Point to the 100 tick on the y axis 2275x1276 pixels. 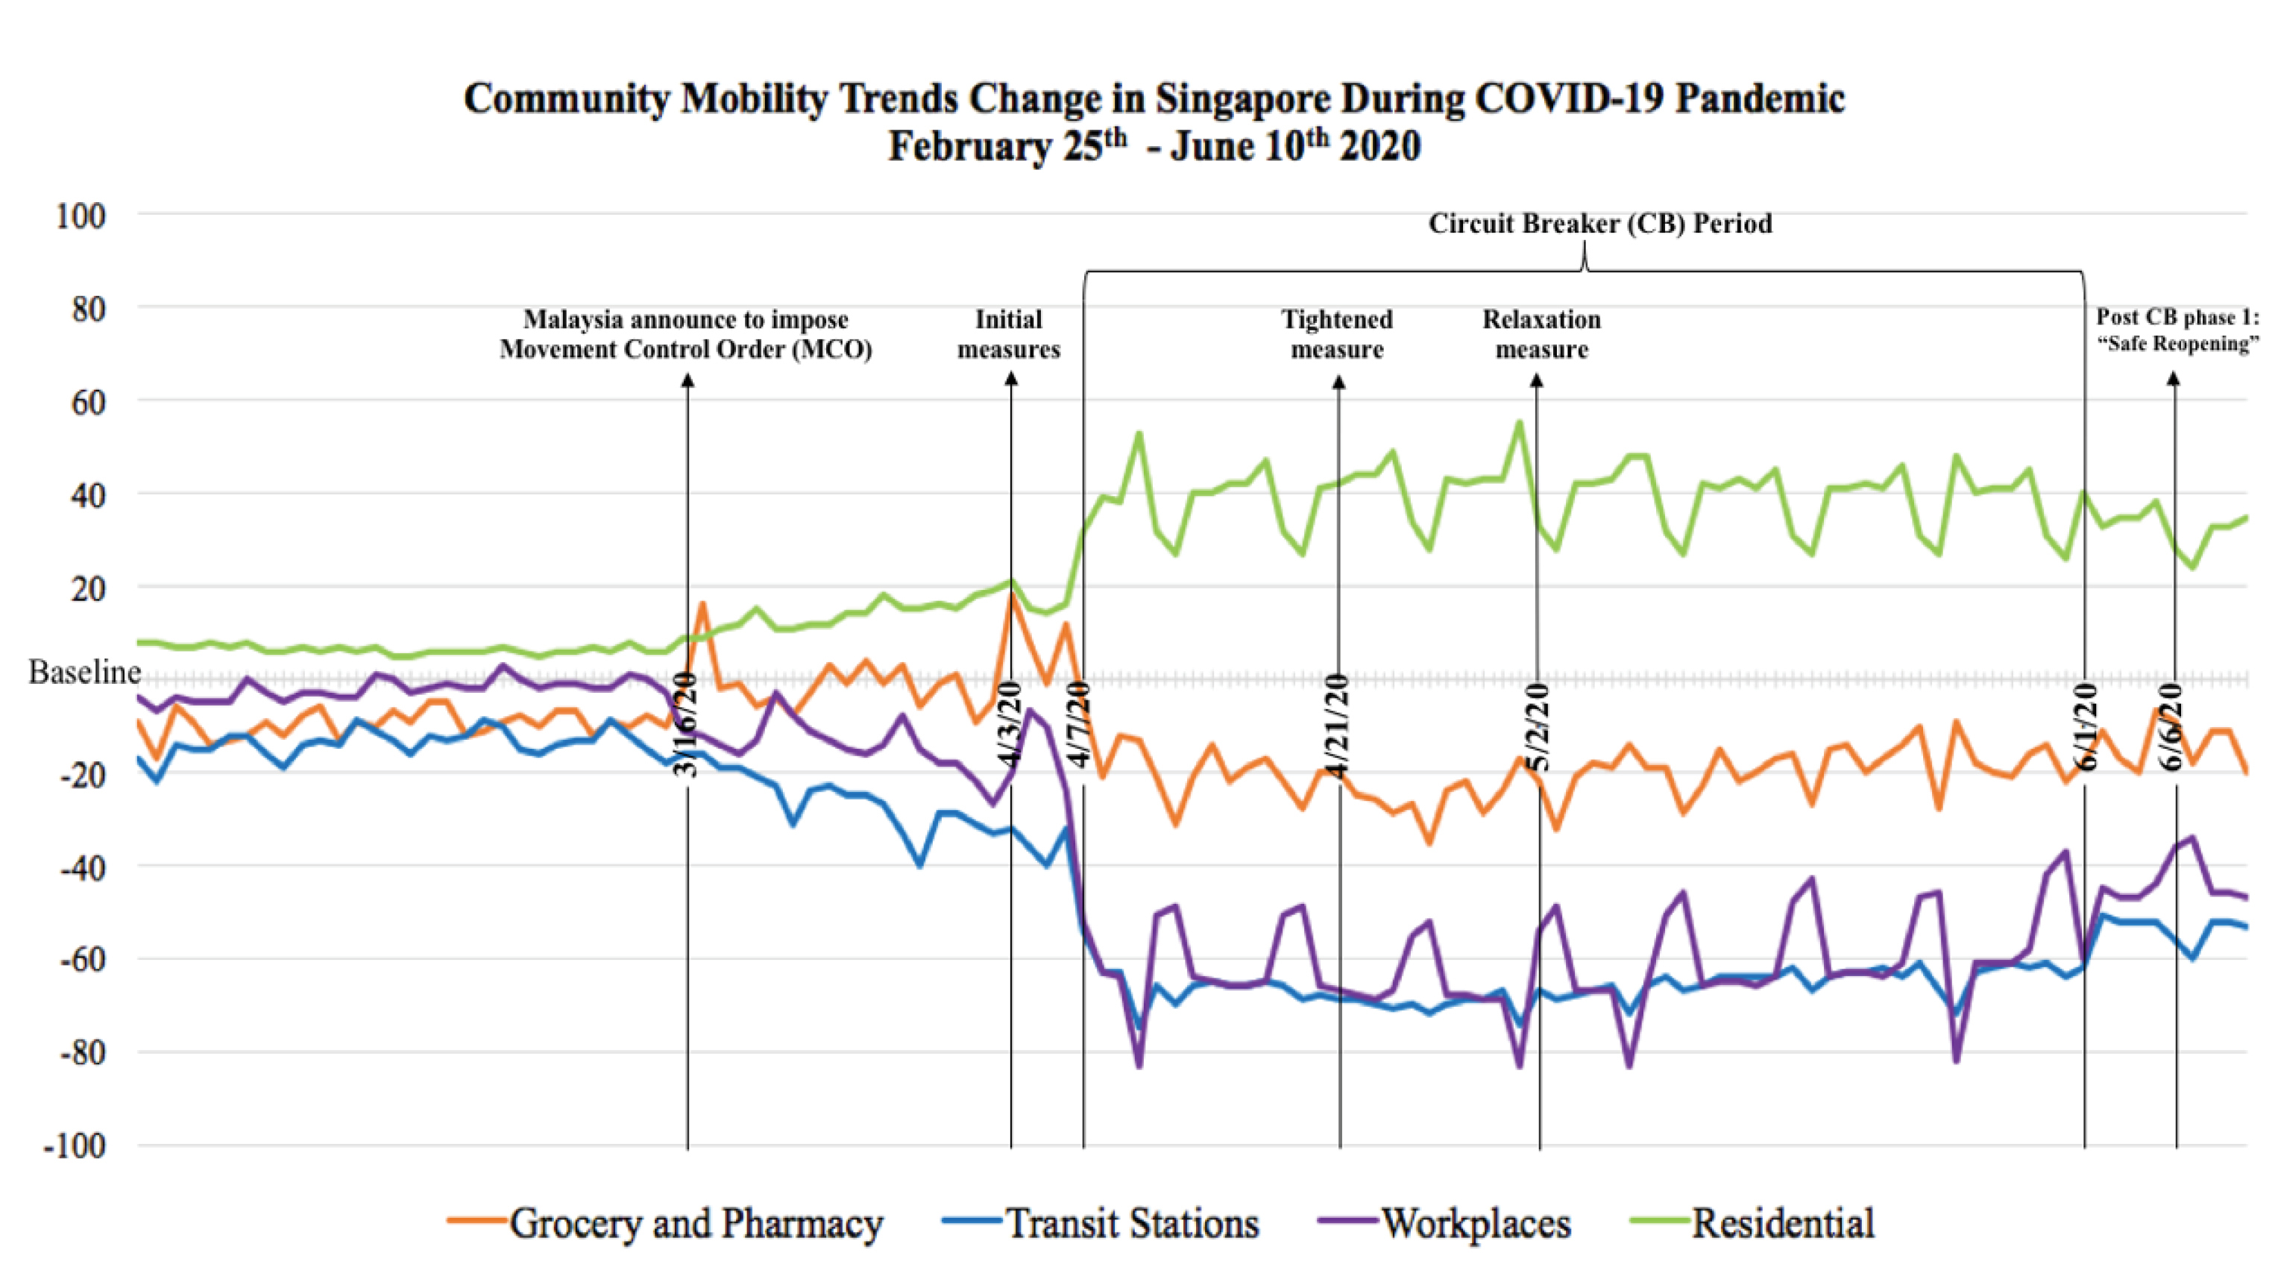point(81,216)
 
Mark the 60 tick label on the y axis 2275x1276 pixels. point(86,403)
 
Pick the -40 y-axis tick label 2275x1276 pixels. point(81,867)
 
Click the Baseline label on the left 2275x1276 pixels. point(84,673)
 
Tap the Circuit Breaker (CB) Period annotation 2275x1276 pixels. point(1599,224)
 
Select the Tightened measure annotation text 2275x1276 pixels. point(1337,334)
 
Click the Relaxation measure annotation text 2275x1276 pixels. point(1541,334)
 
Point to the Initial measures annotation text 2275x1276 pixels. point(1009,334)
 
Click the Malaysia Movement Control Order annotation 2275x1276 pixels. point(685,334)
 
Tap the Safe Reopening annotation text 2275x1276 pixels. point(2177,330)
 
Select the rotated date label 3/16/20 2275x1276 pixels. point(686,725)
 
